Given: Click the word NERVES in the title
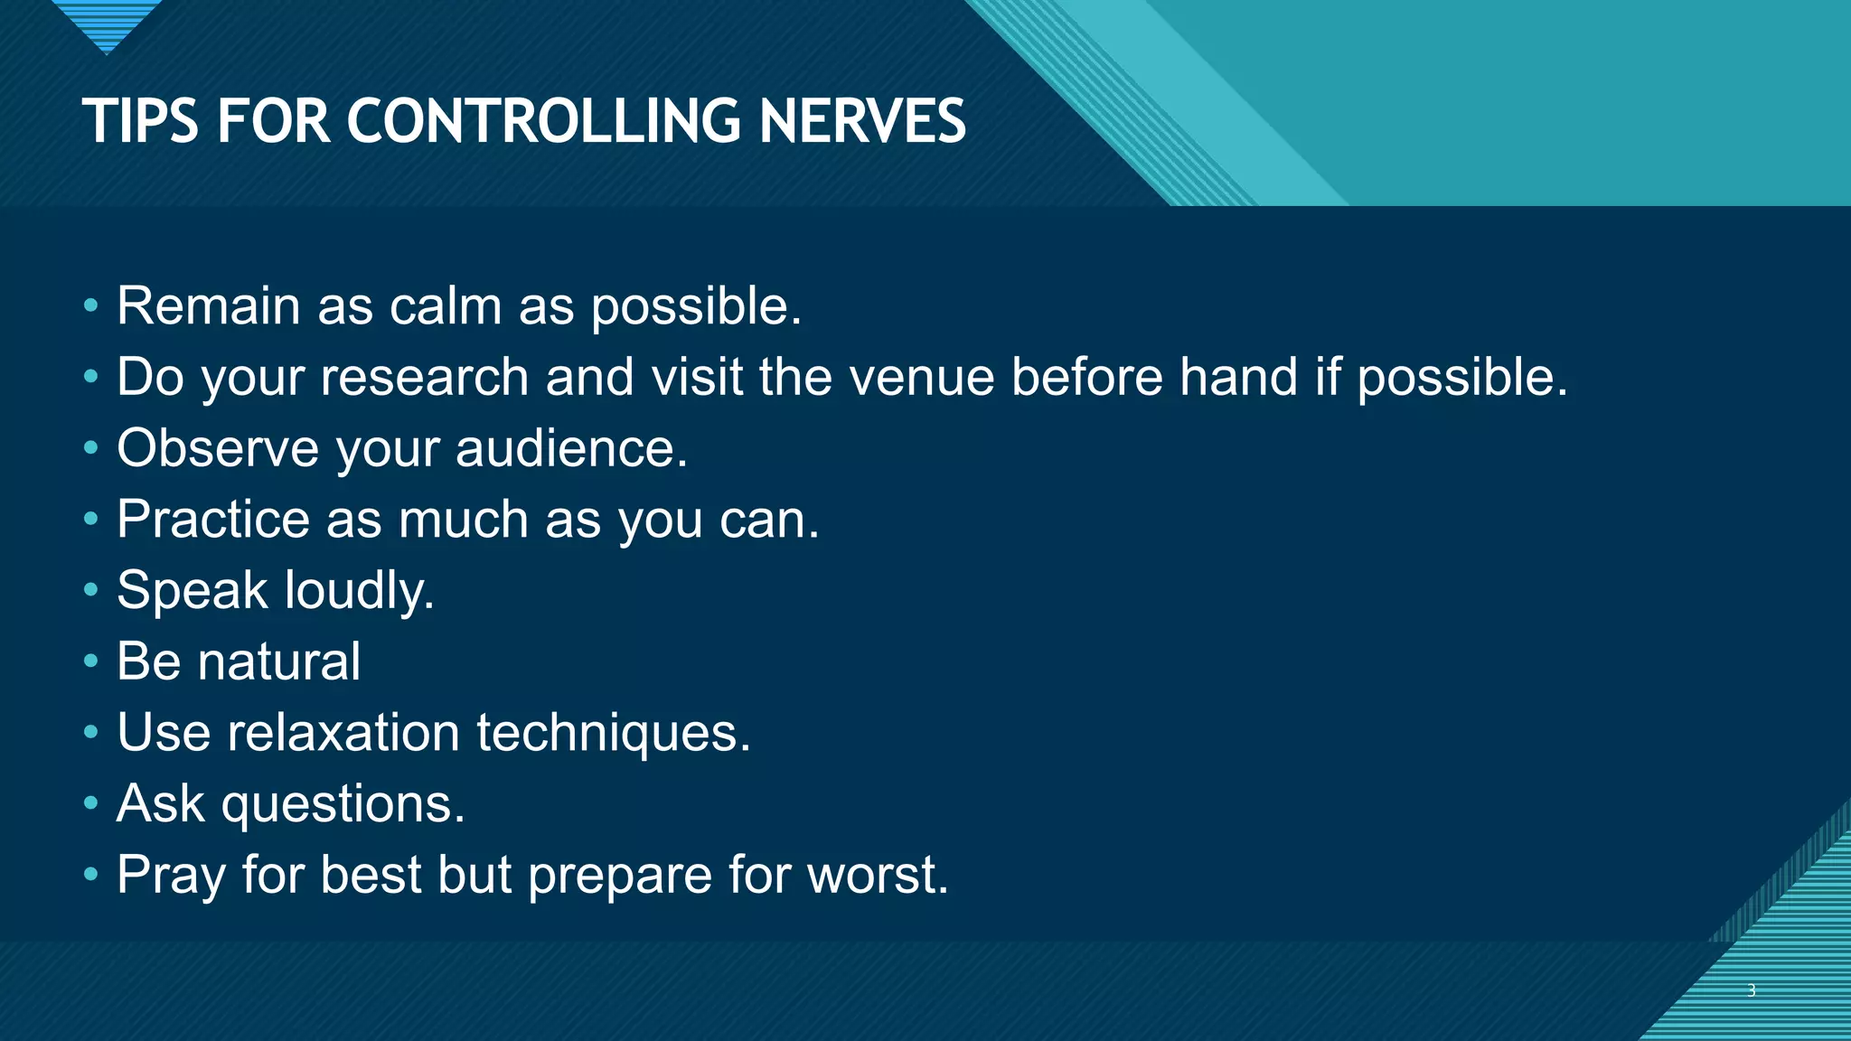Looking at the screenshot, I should tap(862, 121).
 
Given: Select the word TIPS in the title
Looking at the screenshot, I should tap(140, 121).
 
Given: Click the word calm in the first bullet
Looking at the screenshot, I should tap(445, 306).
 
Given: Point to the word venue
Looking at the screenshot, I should tap(921, 377).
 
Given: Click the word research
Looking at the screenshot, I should tap(424, 377).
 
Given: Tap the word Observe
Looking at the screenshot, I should tap(218, 448).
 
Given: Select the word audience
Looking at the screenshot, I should tap(571, 448).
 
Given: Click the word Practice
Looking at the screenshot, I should tap(213, 520).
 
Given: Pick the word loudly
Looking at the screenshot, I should tap(359, 591).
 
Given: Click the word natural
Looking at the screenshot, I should tap(279, 661).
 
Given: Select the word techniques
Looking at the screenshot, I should tap(614, 733).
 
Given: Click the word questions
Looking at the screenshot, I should tap(343, 804).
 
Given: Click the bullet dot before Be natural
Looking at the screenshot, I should tap(90, 661).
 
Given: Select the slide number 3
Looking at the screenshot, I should tap(1752, 990).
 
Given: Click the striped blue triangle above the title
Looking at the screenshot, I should tap(107, 23).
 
